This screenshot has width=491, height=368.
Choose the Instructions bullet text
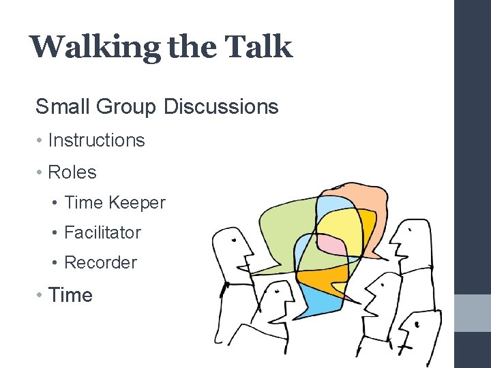tap(96, 140)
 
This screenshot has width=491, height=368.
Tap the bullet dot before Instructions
tap(40, 140)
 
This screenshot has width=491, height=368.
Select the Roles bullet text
tap(72, 172)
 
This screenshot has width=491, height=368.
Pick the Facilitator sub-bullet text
tap(102, 232)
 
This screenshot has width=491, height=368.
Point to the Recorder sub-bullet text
tap(100, 262)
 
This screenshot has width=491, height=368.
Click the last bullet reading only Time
tap(70, 295)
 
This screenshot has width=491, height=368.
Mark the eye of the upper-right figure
tap(408, 232)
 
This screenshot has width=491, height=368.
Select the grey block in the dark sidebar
tap(473, 313)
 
